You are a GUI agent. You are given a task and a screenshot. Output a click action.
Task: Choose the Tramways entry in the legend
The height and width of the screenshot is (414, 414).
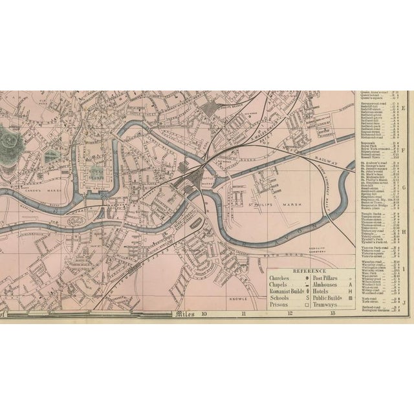326,303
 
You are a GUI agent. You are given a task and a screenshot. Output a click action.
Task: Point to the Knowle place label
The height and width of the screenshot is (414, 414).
237,299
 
